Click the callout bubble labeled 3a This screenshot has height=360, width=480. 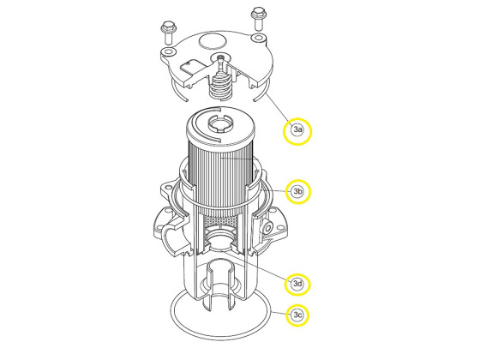pyautogui.click(x=297, y=130)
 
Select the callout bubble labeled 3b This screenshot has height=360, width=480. pyautogui.click(x=297, y=191)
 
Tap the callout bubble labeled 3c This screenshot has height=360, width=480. pyautogui.click(x=297, y=315)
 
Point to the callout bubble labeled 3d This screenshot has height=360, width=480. pyautogui.click(x=297, y=284)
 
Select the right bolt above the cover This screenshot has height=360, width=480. pyautogui.click(x=256, y=15)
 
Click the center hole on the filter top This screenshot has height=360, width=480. pyautogui.click(x=216, y=127)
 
